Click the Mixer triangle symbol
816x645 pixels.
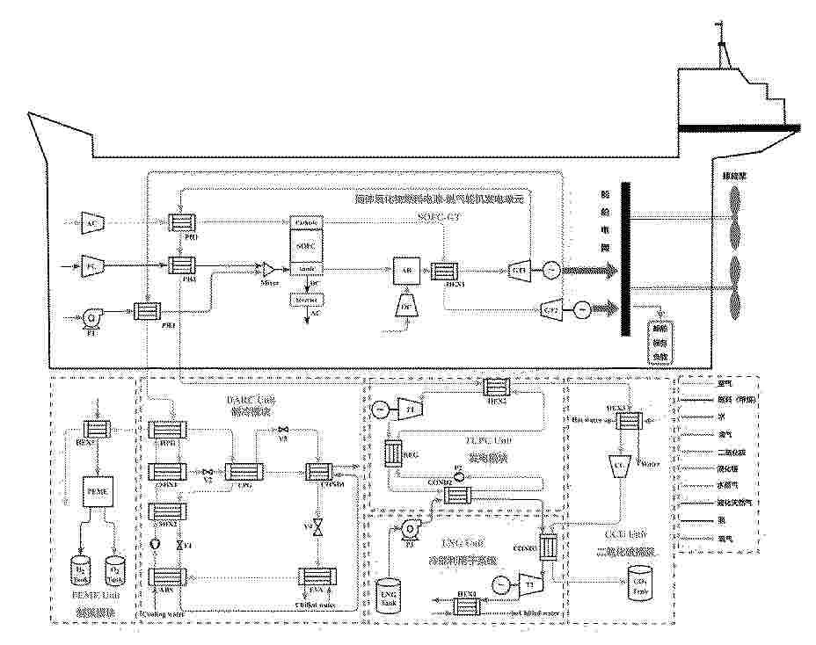pyautogui.click(x=270, y=267)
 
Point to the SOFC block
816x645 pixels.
pyautogui.click(x=306, y=245)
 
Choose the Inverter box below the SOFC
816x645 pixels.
pyautogui.click(x=306, y=300)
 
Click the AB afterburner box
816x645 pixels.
pyautogui.click(x=404, y=272)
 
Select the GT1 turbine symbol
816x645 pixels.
pyautogui.click(x=518, y=267)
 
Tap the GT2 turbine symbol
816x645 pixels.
pyautogui.click(x=551, y=309)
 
